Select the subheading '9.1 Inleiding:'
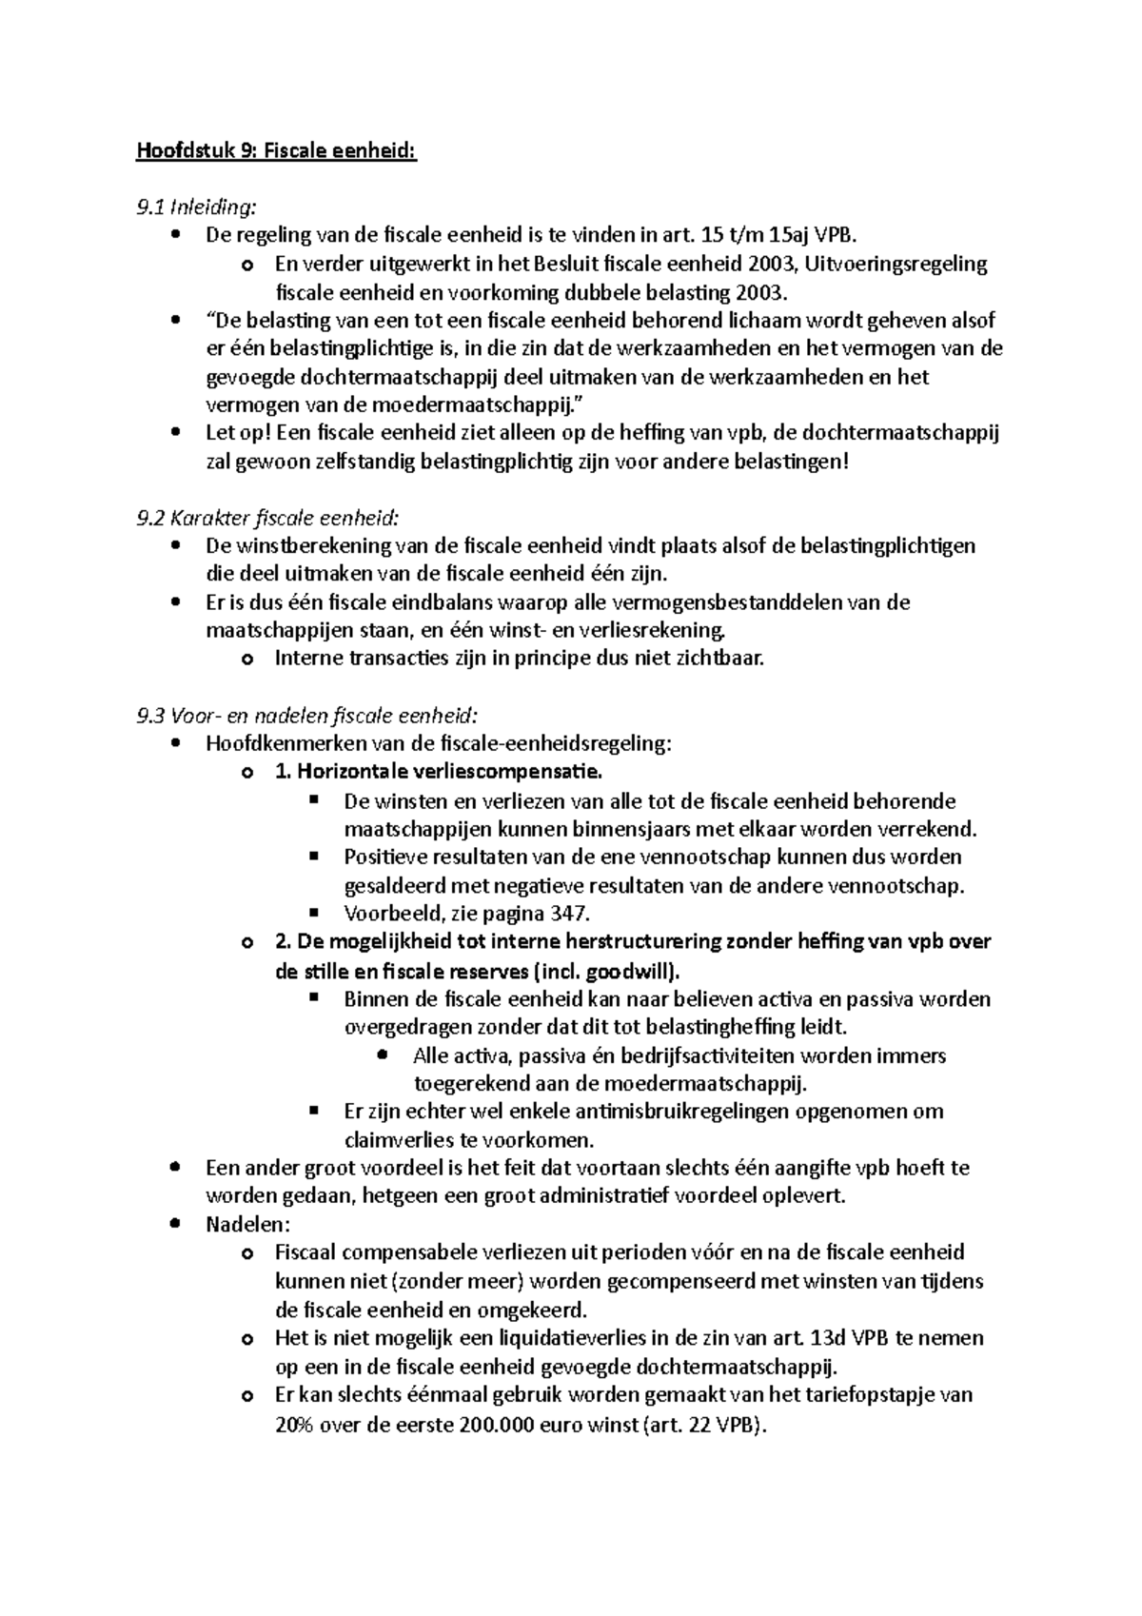197,207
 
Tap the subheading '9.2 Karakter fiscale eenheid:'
268,518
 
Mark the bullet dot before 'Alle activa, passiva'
382,1055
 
